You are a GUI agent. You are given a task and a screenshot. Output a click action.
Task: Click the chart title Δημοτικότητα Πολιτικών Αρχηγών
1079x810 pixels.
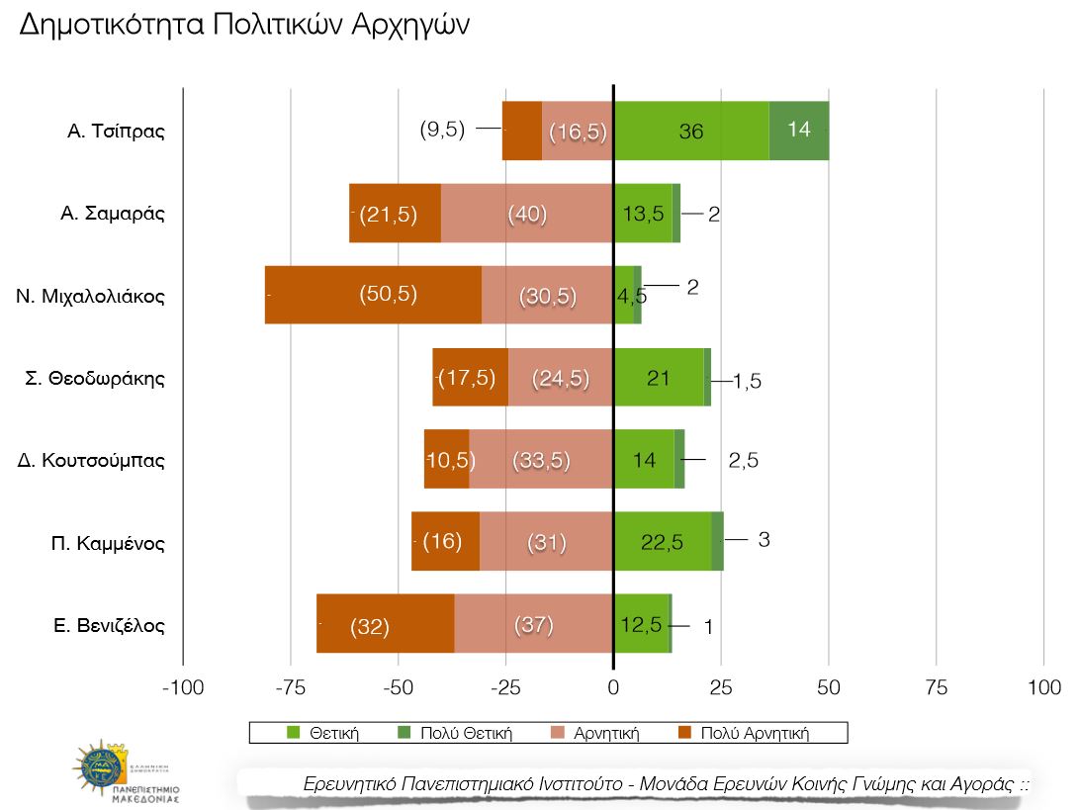click(244, 26)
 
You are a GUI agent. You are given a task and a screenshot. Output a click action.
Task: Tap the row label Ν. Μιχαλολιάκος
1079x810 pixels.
click(90, 296)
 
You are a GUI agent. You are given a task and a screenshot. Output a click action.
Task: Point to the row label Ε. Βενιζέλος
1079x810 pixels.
click(109, 625)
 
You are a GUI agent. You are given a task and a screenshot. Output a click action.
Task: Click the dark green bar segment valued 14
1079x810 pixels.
click(798, 130)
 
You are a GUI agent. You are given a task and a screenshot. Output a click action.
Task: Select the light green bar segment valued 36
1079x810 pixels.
click(690, 131)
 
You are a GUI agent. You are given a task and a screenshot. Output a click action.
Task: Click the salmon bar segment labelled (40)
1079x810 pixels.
click(526, 213)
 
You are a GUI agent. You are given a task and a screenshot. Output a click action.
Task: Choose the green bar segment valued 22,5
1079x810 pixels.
click(662, 542)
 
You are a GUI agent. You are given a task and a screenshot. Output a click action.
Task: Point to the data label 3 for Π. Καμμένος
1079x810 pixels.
click(764, 540)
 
